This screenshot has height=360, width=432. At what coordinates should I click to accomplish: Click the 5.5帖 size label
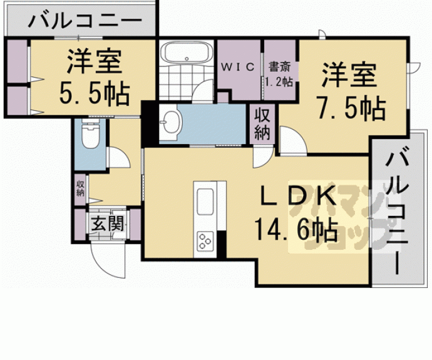[95, 94]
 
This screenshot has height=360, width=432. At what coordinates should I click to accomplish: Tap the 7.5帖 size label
[351, 110]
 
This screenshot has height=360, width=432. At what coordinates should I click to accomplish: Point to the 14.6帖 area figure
[296, 232]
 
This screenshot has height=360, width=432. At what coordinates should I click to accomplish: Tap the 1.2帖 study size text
[279, 81]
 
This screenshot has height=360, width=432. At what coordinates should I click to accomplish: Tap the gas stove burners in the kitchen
[206, 240]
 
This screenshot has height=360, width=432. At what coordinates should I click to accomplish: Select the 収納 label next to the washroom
[262, 124]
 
